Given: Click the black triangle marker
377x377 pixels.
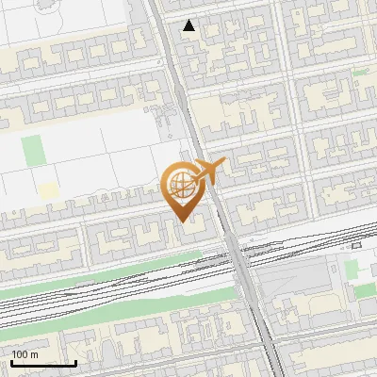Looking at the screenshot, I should coord(189,25).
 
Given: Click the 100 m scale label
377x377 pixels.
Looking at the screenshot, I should coord(25,354).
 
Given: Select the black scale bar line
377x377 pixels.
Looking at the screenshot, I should coord(43,363).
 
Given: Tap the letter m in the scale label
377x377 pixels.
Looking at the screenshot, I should coord(35,354).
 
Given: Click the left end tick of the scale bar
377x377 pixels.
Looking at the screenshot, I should coord(11,361).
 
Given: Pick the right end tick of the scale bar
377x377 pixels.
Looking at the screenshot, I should coord(75,361).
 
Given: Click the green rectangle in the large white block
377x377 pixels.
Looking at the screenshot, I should coord(33,150).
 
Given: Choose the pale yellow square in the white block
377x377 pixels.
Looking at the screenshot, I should coord(48,190).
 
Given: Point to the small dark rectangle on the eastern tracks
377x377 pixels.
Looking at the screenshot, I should coord(355,245).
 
